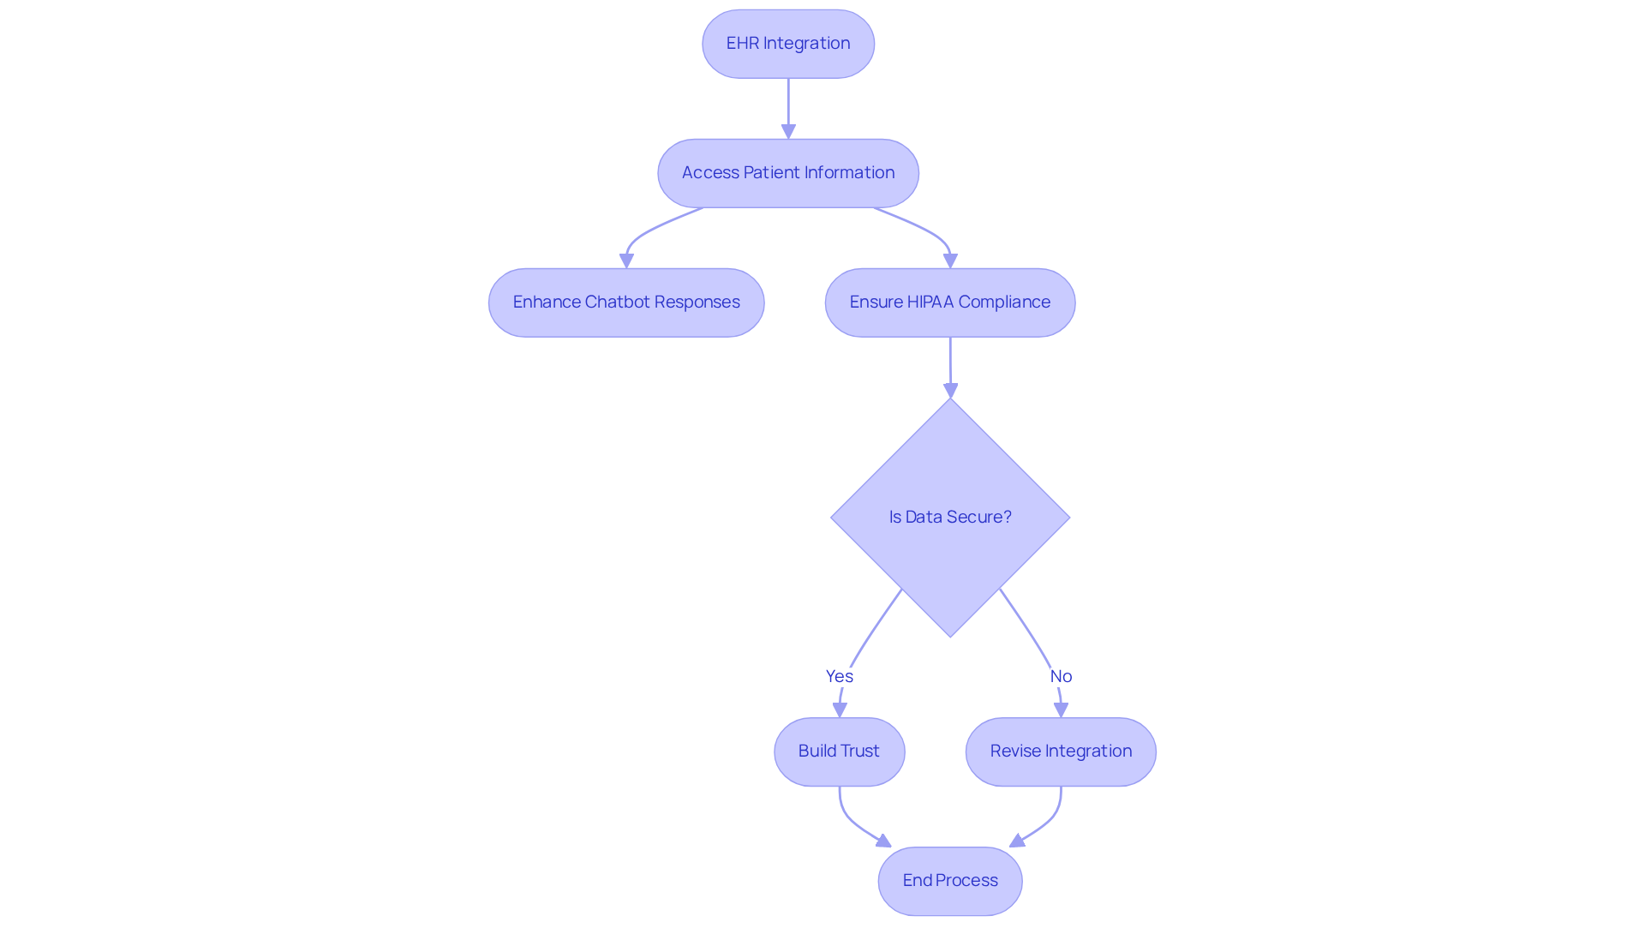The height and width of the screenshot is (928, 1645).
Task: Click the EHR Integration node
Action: pos(787,44)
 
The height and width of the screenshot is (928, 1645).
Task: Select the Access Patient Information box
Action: pos(787,173)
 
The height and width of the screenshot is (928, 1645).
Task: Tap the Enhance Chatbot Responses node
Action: pos(625,302)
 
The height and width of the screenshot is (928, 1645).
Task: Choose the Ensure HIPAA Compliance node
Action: pos(949,302)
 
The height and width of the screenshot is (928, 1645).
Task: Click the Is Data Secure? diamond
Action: pos(949,518)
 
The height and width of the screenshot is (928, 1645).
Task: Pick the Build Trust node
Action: pos(839,751)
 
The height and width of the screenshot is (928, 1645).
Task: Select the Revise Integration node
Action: pos(1060,751)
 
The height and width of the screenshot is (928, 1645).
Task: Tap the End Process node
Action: pos(949,881)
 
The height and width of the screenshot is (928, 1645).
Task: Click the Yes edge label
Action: pos(839,676)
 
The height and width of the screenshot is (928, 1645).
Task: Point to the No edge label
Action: pos(1061,676)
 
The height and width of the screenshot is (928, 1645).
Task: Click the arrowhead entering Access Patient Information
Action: pos(788,131)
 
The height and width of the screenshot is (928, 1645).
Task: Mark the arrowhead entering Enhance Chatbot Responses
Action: pos(626,260)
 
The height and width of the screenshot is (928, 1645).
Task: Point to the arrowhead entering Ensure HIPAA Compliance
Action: pos(950,260)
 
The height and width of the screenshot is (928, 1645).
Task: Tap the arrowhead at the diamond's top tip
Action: pos(950,391)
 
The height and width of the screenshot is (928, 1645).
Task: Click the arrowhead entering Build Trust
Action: pos(840,710)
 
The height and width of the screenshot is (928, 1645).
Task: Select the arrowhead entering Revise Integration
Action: pos(1061,710)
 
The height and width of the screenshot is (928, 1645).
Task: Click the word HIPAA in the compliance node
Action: pos(930,302)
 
